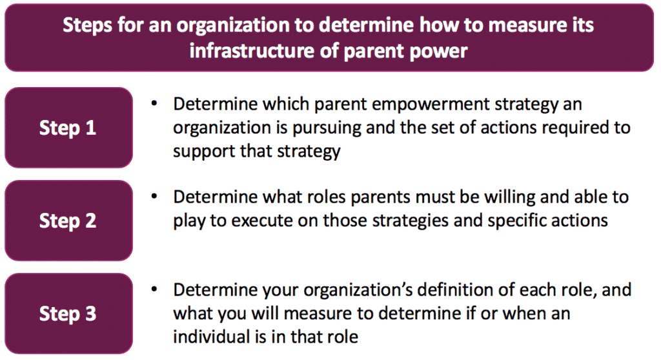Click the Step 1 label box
click(68, 128)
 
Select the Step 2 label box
click(68, 221)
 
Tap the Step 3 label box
click(68, 314)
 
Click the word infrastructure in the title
click(252, 50)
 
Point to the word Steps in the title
click(88, 26)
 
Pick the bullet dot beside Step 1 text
click(154, 103)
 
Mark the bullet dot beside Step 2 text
click(154, 196)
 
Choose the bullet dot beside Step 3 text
click(154, 289)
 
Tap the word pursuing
click(327, 128)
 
